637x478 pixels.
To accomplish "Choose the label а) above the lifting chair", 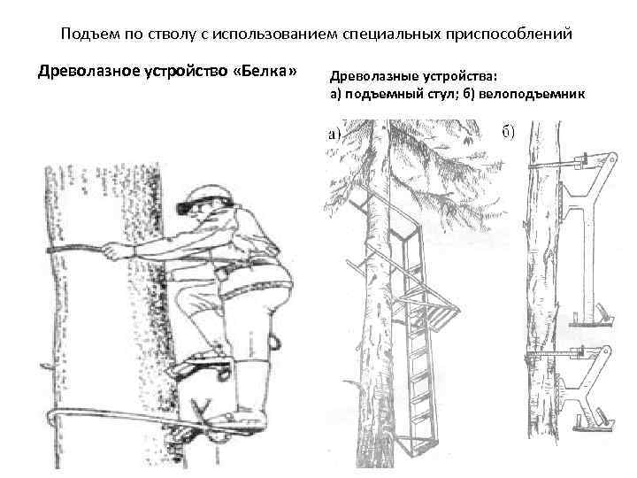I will click(x=334, y=134).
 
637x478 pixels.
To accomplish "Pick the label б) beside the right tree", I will click(x=508, y=134).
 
